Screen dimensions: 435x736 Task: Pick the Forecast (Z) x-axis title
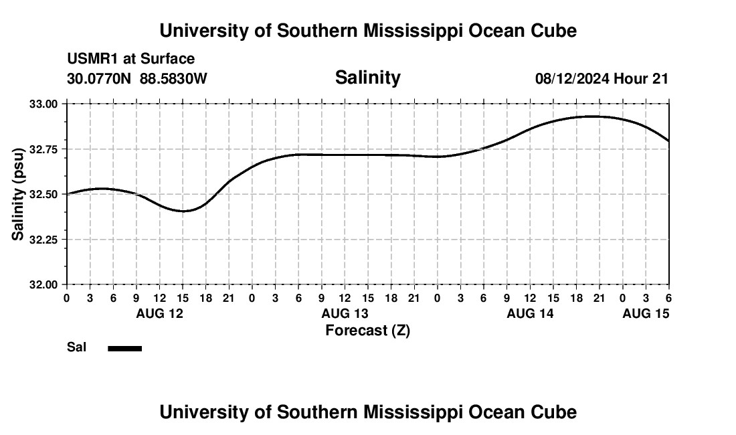367,330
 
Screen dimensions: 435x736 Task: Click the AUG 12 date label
159,313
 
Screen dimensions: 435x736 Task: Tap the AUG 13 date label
345,313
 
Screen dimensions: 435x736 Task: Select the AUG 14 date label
530,313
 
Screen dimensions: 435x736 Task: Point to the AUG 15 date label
646,313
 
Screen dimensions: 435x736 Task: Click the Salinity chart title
367,78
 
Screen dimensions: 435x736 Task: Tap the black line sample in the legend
124,348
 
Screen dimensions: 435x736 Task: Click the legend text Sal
76,347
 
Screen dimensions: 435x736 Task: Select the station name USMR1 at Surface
130,60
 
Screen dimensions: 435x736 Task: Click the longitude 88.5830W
173,79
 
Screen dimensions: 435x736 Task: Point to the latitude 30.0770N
100,79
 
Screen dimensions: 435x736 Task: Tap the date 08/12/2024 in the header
572,79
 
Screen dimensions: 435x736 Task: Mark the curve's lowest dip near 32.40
183,211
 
